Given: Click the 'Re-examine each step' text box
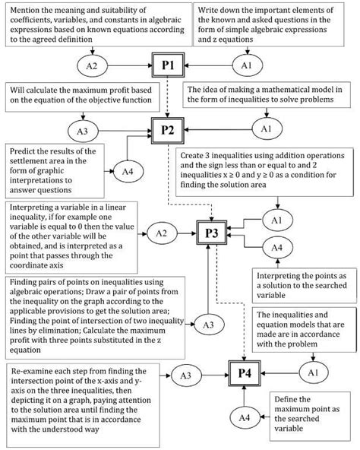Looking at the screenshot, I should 78,400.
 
